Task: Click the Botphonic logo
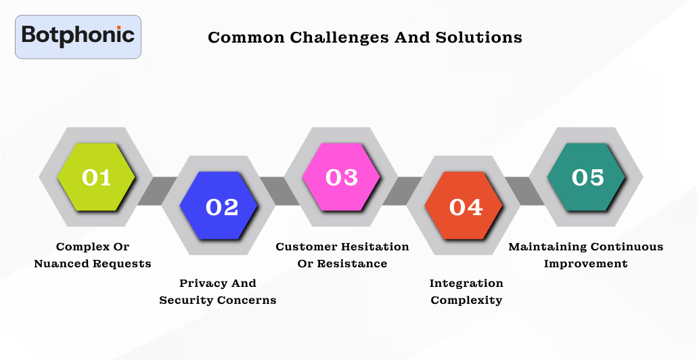click(78, 36)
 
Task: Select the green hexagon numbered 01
click(96, 177)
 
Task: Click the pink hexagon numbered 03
click(342, 177)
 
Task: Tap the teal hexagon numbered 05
click(587, 177)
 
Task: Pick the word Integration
click(466, 283)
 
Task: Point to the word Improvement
click(586, 263)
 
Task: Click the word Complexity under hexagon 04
click(466, 300)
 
